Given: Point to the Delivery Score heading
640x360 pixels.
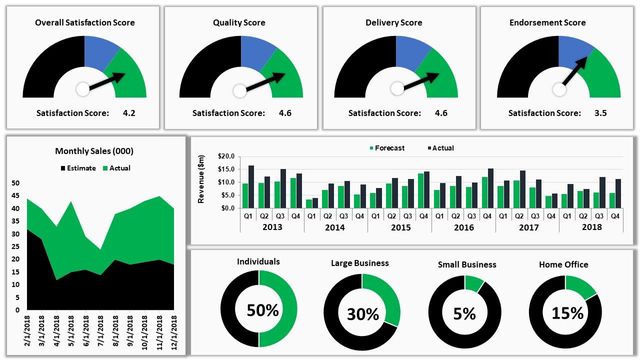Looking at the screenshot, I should (x=397, y=21).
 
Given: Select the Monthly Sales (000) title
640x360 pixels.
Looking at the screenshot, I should (x=95, y=152).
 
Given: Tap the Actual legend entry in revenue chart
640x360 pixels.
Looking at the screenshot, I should (x=441, y=147).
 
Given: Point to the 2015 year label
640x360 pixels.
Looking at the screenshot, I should (x=399, y=227).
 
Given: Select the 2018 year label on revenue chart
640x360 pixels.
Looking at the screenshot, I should (x=591, y=227).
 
